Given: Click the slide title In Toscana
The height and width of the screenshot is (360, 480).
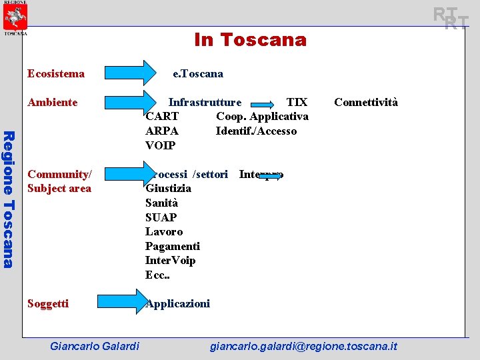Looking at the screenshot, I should coord(250,40).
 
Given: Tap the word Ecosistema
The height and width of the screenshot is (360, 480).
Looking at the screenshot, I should coord(56,73).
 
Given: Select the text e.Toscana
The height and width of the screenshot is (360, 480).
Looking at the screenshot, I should coord(198,73).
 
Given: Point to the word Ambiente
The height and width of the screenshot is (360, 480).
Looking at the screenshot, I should coord(52,102).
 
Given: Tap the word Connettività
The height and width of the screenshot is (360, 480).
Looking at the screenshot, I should coord(365,102).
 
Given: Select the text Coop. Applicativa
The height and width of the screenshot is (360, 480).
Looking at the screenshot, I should coord(262,117).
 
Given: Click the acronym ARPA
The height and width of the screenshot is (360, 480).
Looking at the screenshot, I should coord(162,131).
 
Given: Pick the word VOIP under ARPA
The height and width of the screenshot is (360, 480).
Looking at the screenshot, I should coord(160,145).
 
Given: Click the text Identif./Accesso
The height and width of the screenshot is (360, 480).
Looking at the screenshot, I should coord(256,131).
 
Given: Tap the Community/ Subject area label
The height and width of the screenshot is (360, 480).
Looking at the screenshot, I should coord(59,181).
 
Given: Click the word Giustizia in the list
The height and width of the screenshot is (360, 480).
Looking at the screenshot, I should coord(168,188).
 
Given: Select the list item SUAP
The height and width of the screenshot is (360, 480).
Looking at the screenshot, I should coord(161,217).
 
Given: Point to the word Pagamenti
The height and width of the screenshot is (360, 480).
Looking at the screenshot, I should coord(172,246).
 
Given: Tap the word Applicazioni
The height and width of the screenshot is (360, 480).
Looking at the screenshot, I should coord(178,304).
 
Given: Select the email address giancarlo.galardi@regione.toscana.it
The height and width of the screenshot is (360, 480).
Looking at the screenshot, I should coord(303,346).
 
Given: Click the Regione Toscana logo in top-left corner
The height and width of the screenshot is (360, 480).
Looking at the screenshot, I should coord(15,17).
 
